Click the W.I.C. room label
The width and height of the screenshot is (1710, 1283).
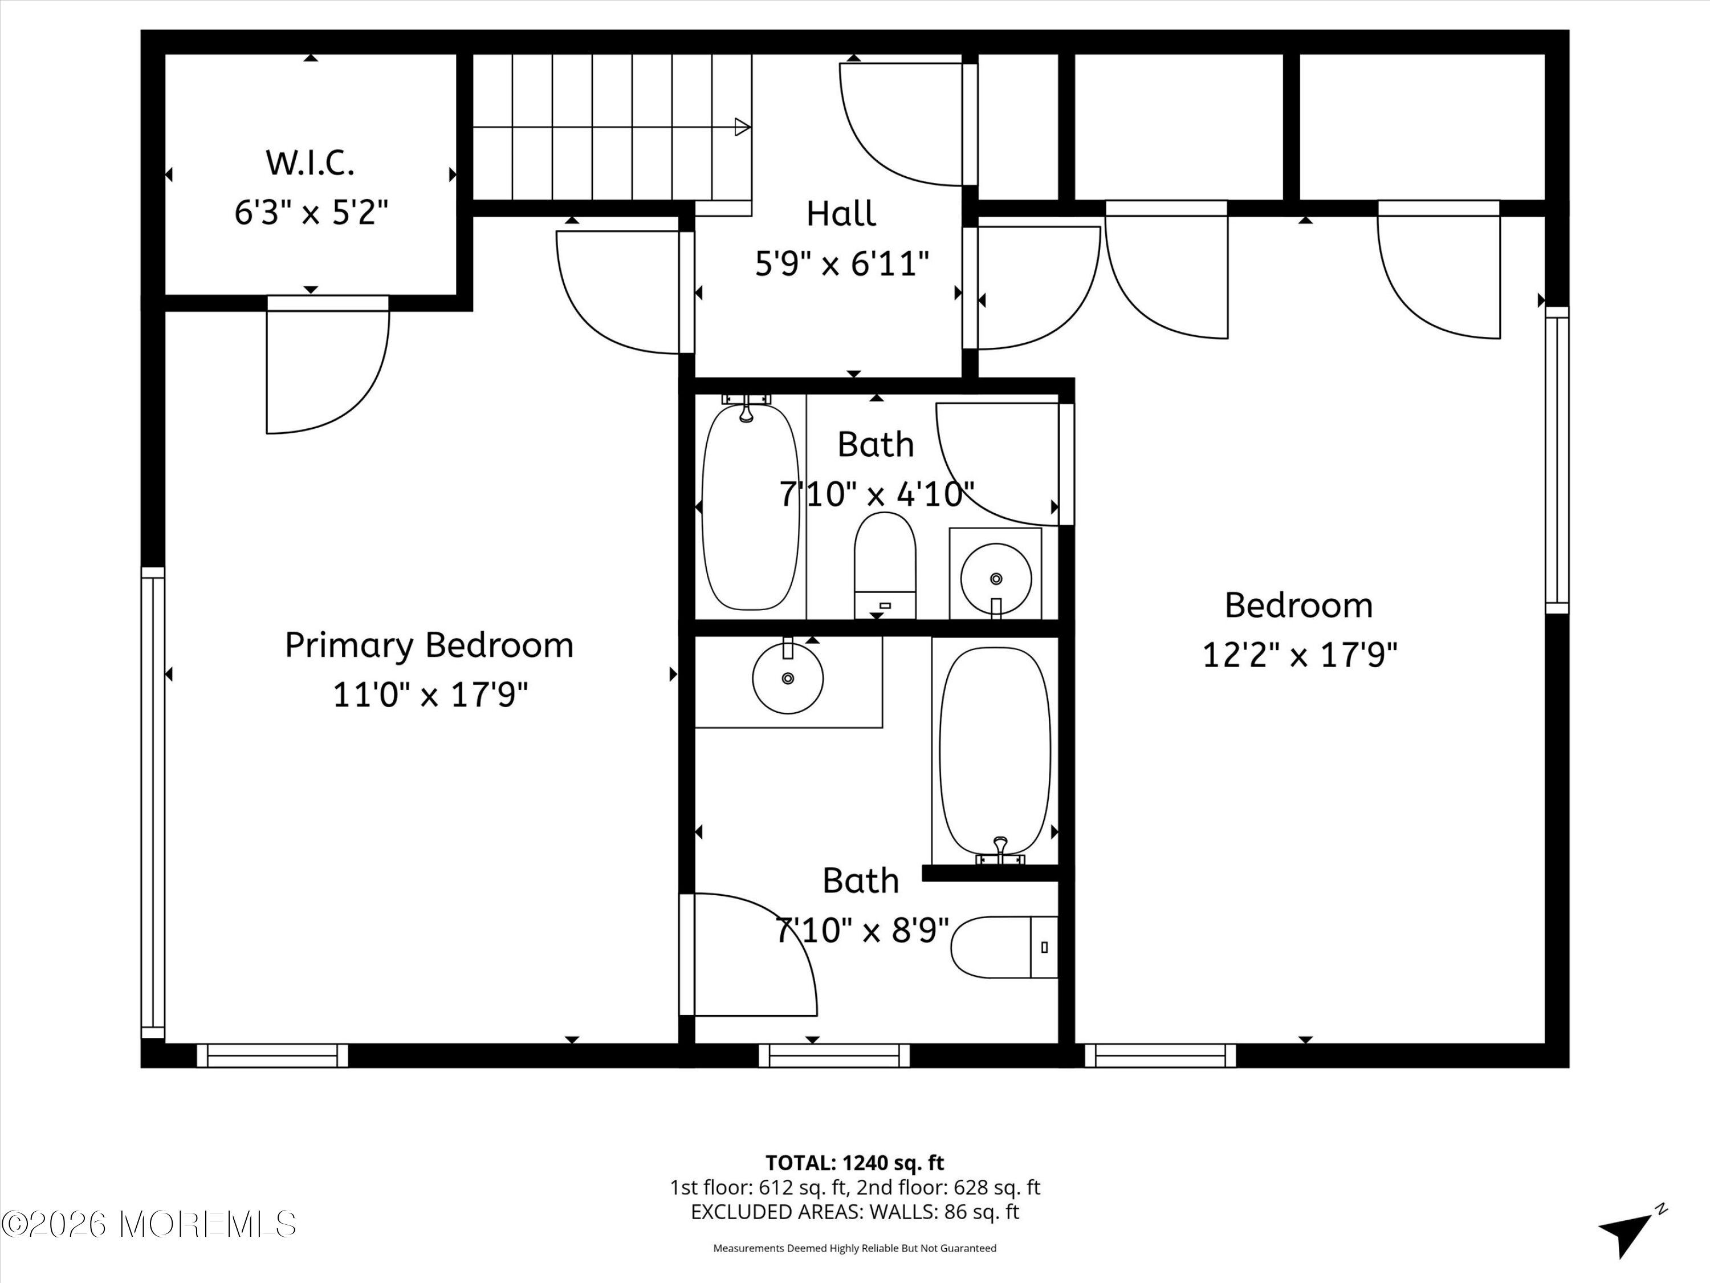(310, 163)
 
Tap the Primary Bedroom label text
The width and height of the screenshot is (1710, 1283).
(429, 645)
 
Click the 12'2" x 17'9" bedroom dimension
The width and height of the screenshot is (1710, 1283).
(1300, 655)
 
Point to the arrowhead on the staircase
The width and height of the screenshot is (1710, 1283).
(742, 127)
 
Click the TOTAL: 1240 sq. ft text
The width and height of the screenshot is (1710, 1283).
(854, 1163)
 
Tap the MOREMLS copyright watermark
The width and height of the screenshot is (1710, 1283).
(148, 1224)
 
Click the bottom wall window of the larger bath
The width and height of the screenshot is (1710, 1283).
(833, 1055)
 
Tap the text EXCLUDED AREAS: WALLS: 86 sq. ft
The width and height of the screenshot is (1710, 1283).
(854, 1212)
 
